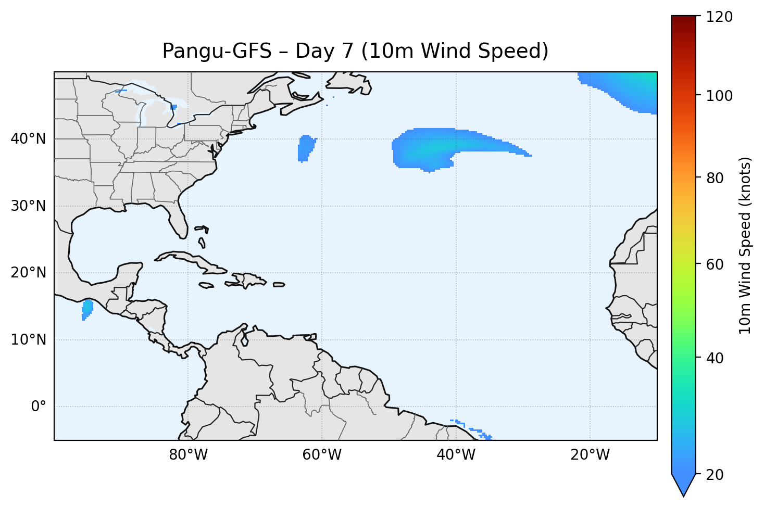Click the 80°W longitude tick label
188,455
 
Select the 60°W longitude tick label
322,455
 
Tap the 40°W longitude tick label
456,455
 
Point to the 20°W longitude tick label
590,455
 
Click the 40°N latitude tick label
28,139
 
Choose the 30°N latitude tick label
28,206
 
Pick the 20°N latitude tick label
28,273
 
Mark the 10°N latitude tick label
28,340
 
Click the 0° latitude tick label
38,407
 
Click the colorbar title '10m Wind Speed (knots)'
745,245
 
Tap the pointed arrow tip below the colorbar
683,492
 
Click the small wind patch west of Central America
87,309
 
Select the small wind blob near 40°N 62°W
306,147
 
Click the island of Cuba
193,261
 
